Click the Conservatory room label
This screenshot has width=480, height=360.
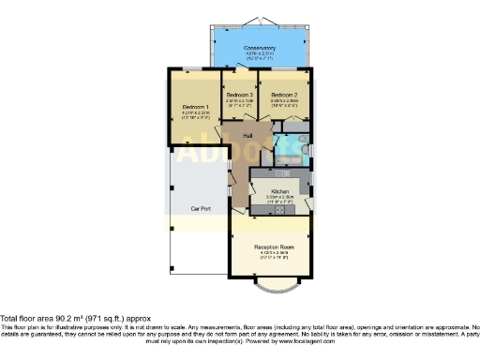pos(260,48)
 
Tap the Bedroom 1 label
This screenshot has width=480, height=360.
pos(195,107)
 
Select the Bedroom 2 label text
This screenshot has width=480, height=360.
pos(285,95)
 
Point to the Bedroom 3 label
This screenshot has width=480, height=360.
pos(240,95)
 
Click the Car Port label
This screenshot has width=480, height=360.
pos(199,208)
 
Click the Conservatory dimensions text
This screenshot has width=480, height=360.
pos(260,55)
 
